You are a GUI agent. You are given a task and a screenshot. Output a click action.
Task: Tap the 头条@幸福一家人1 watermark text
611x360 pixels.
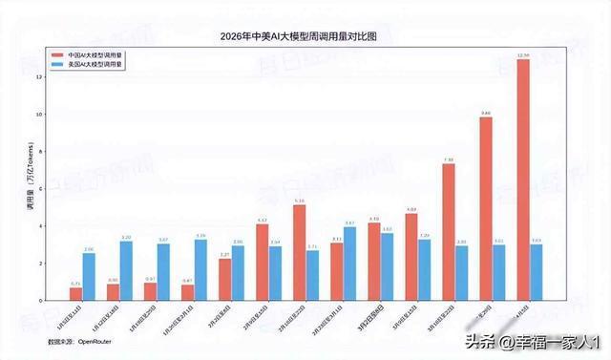pyautogui.click(x=530, y=342)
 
